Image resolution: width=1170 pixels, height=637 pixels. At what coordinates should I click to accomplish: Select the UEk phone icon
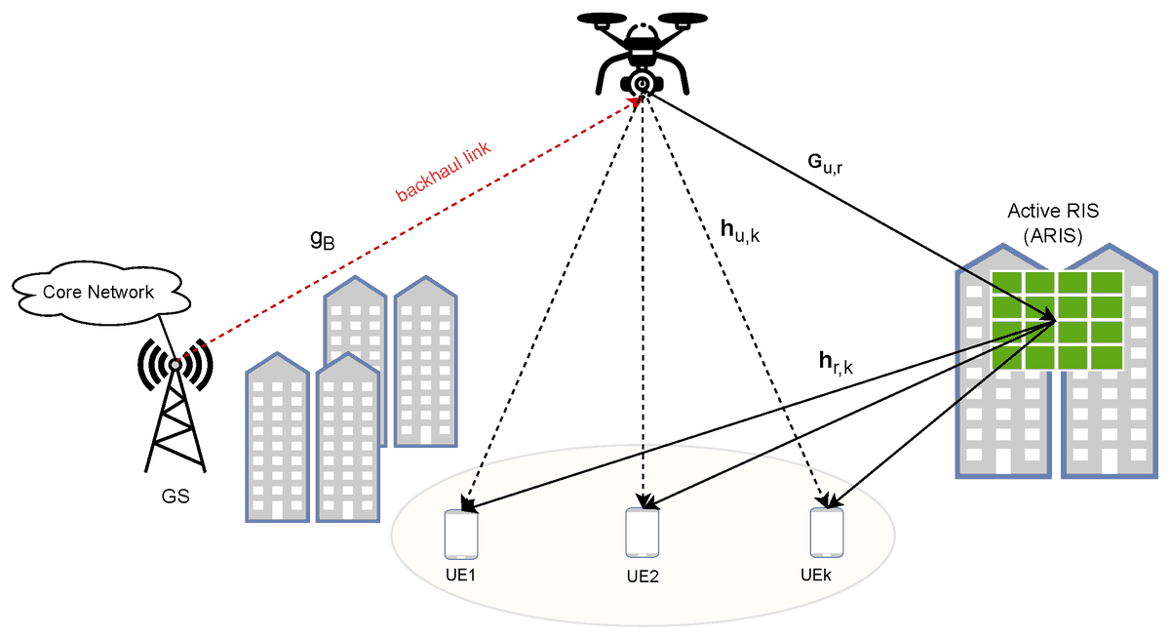pyautogui.click(x=826, y=532)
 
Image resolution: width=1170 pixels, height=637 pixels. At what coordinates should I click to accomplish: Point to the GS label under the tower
pyautogui.click(x=175, y=497)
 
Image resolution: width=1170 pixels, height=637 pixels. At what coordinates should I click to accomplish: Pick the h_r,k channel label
pyautogui.click(x=836, y=365)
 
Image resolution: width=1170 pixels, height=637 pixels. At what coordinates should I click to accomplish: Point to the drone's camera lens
pyautogui.click(x=642, y=84)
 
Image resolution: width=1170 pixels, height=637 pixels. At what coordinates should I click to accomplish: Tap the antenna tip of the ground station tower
pyautogui.click(x=175, y=364)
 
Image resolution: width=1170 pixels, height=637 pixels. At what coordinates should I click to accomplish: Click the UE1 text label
pyautogui.click(x=460, y=575)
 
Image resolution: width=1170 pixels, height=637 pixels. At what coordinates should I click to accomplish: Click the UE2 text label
pyautogui.click(x=643, y=576)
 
